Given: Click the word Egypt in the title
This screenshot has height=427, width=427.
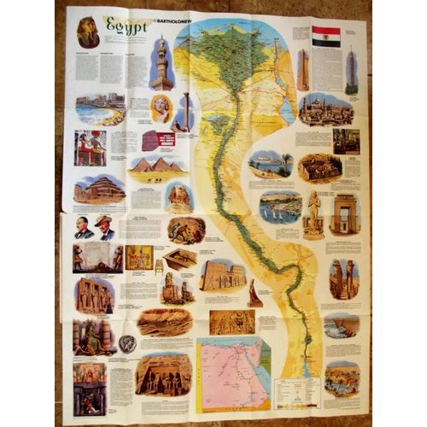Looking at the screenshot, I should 127,26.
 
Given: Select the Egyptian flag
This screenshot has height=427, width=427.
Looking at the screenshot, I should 325,36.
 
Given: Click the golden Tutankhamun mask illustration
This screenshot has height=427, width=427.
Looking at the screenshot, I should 88,33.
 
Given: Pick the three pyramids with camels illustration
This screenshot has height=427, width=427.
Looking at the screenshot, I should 157,168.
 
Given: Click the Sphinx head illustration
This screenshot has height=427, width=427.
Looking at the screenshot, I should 180,198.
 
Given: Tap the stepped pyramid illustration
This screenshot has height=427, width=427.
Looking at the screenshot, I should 98,190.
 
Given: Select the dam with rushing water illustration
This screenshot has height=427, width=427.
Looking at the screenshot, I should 341,325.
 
